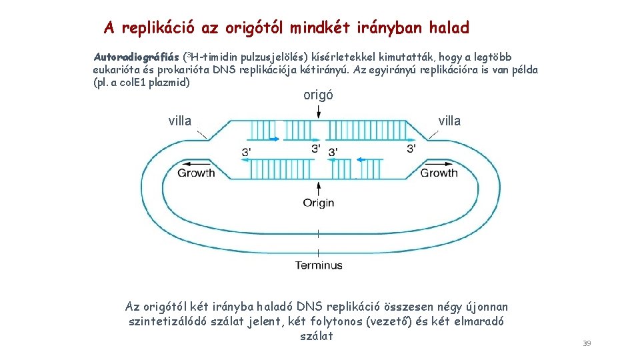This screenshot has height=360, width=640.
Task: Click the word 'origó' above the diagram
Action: point(318,95)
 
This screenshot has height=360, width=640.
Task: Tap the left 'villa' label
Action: point(180,121)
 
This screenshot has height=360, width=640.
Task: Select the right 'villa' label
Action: point(449,121)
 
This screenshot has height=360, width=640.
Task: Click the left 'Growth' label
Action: point(196,173)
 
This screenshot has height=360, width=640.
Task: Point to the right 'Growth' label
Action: point(439,173)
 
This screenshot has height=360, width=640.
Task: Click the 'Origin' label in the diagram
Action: point(319,203)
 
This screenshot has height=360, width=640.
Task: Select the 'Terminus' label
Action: point(319,265)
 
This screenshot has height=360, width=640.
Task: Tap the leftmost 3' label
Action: point(247,153)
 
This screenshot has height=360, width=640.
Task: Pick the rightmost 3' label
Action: point(411,148)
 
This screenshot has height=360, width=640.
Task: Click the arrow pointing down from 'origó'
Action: point(319,112)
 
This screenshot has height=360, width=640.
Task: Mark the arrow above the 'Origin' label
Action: point(319,187)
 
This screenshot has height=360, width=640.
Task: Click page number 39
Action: point(587,343)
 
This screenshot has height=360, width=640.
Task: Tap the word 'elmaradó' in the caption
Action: point(479,321)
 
